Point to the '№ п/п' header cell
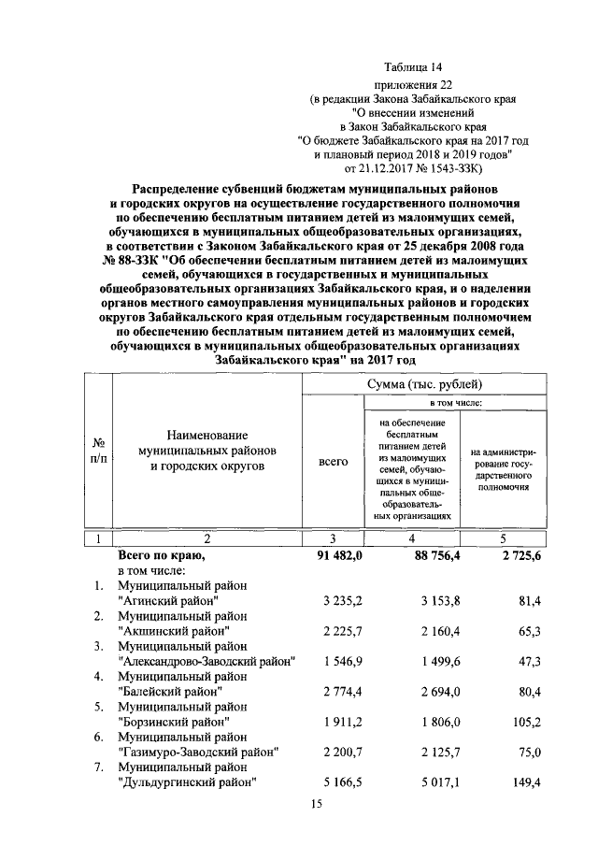coord(96,450)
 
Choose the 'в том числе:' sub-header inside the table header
coord(455,402)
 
